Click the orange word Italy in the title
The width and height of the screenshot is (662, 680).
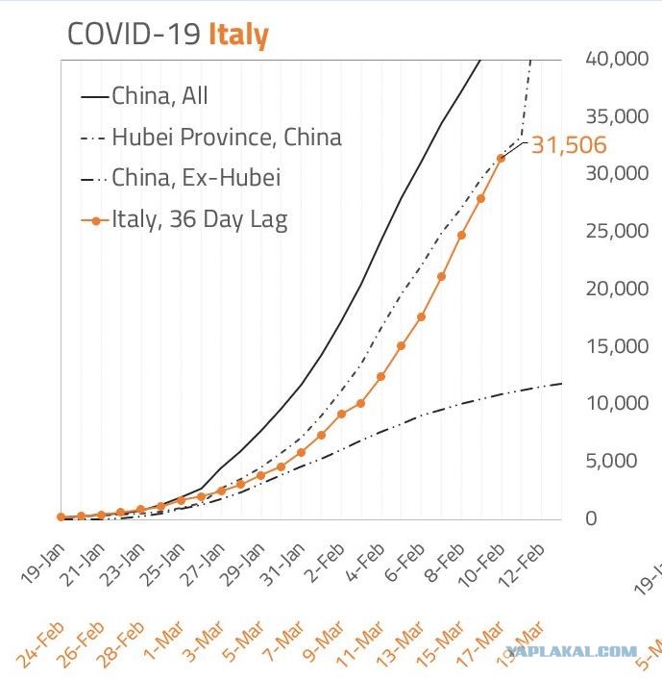coord(238,35)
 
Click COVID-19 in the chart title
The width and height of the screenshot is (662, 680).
coord(134,34)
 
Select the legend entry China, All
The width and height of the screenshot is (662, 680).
coord(145,95)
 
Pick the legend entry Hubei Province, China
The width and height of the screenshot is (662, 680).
coord(211,137)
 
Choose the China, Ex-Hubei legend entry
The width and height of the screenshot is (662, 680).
coord(181,178)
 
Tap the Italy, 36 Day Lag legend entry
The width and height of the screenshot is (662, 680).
coord(184,219)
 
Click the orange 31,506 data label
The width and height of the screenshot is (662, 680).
coord(569,145)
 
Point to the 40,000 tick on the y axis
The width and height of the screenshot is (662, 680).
coord(617,59)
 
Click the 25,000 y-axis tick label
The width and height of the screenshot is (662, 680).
coord(617,231)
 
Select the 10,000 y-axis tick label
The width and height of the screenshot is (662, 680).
coord(617,403)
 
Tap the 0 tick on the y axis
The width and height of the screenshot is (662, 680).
coord(592,518)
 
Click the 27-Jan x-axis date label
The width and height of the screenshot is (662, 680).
coord(203,564)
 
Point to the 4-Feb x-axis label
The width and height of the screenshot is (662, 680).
coord(365,562)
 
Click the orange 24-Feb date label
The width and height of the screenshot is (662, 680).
coord(40,644)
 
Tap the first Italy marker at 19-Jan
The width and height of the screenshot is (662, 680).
coord(61,516)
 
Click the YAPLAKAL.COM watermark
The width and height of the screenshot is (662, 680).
coord(572,651)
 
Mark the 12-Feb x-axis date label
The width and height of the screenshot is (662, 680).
coord(522,564)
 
